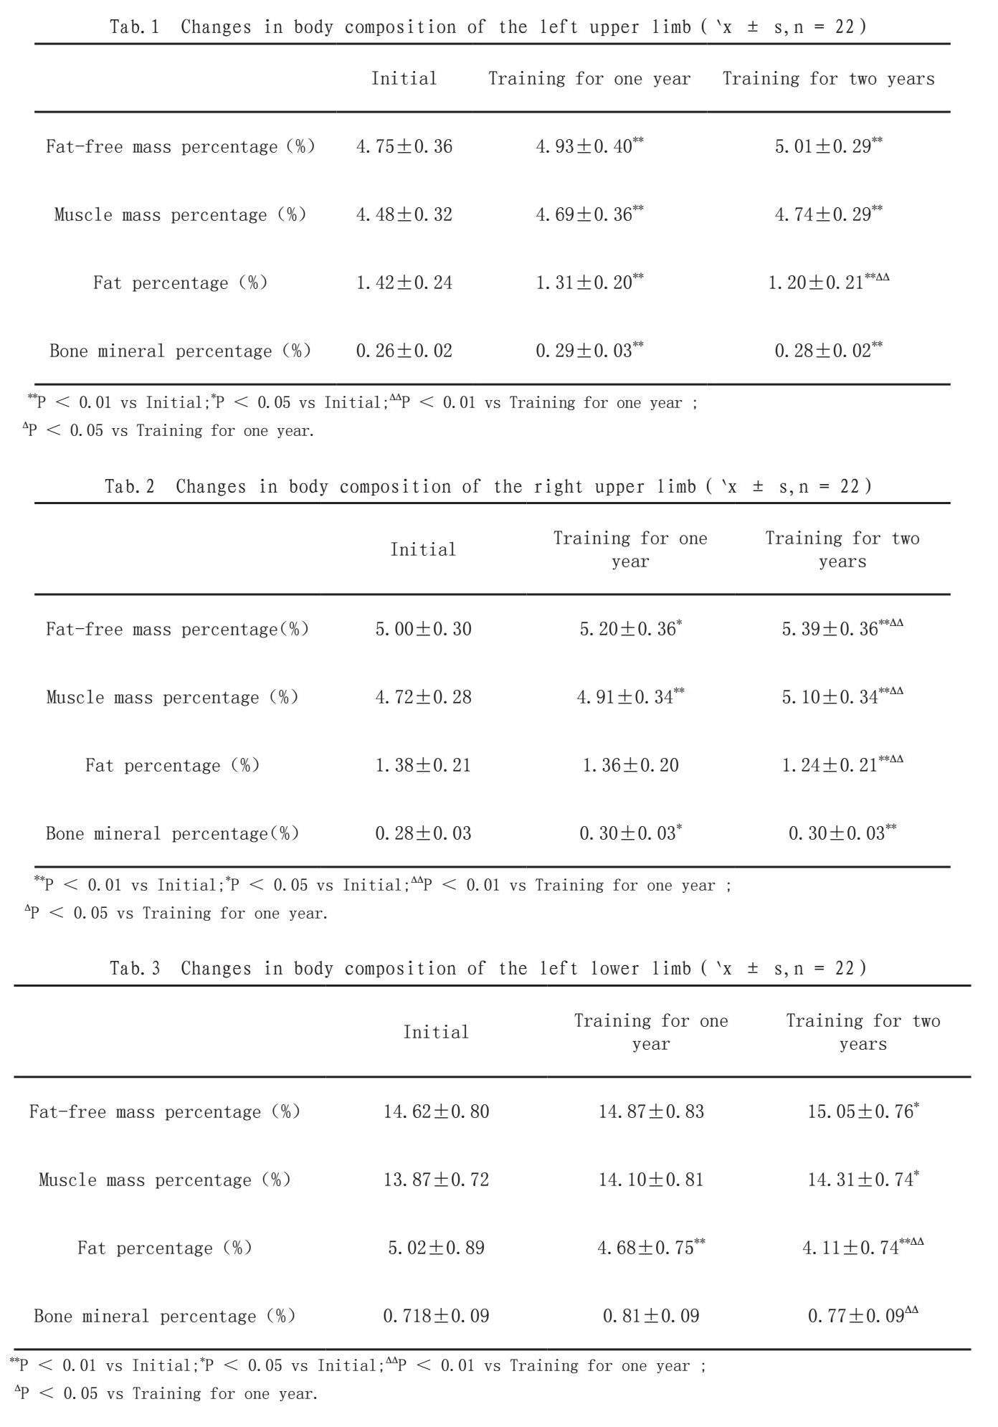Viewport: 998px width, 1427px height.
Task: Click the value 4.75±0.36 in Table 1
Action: [404, 146]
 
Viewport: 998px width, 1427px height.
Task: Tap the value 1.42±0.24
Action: [404, 283]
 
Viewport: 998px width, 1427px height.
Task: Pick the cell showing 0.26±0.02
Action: [404, 351]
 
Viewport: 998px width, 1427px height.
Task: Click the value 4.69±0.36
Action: [584, 214]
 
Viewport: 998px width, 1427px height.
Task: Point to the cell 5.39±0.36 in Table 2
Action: [830, 629]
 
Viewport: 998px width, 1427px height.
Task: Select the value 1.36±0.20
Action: [630, 765]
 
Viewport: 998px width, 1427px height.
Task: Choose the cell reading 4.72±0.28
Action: [424, 697]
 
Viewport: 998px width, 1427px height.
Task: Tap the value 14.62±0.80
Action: [436, 1111]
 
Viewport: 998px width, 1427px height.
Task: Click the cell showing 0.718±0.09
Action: [436, 1316]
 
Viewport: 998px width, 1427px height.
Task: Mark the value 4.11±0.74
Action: [851, 1248]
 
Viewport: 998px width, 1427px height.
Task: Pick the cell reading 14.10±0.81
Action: [651, 1180]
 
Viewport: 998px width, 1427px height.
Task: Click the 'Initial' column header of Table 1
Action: [404, 78]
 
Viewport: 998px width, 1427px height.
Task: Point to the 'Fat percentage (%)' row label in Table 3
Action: [165, 1248]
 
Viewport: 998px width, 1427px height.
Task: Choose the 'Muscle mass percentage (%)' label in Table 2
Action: [172, 697]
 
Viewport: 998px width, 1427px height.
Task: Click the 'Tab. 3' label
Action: [135, 969]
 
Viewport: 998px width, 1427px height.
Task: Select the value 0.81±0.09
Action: [651, 1316]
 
